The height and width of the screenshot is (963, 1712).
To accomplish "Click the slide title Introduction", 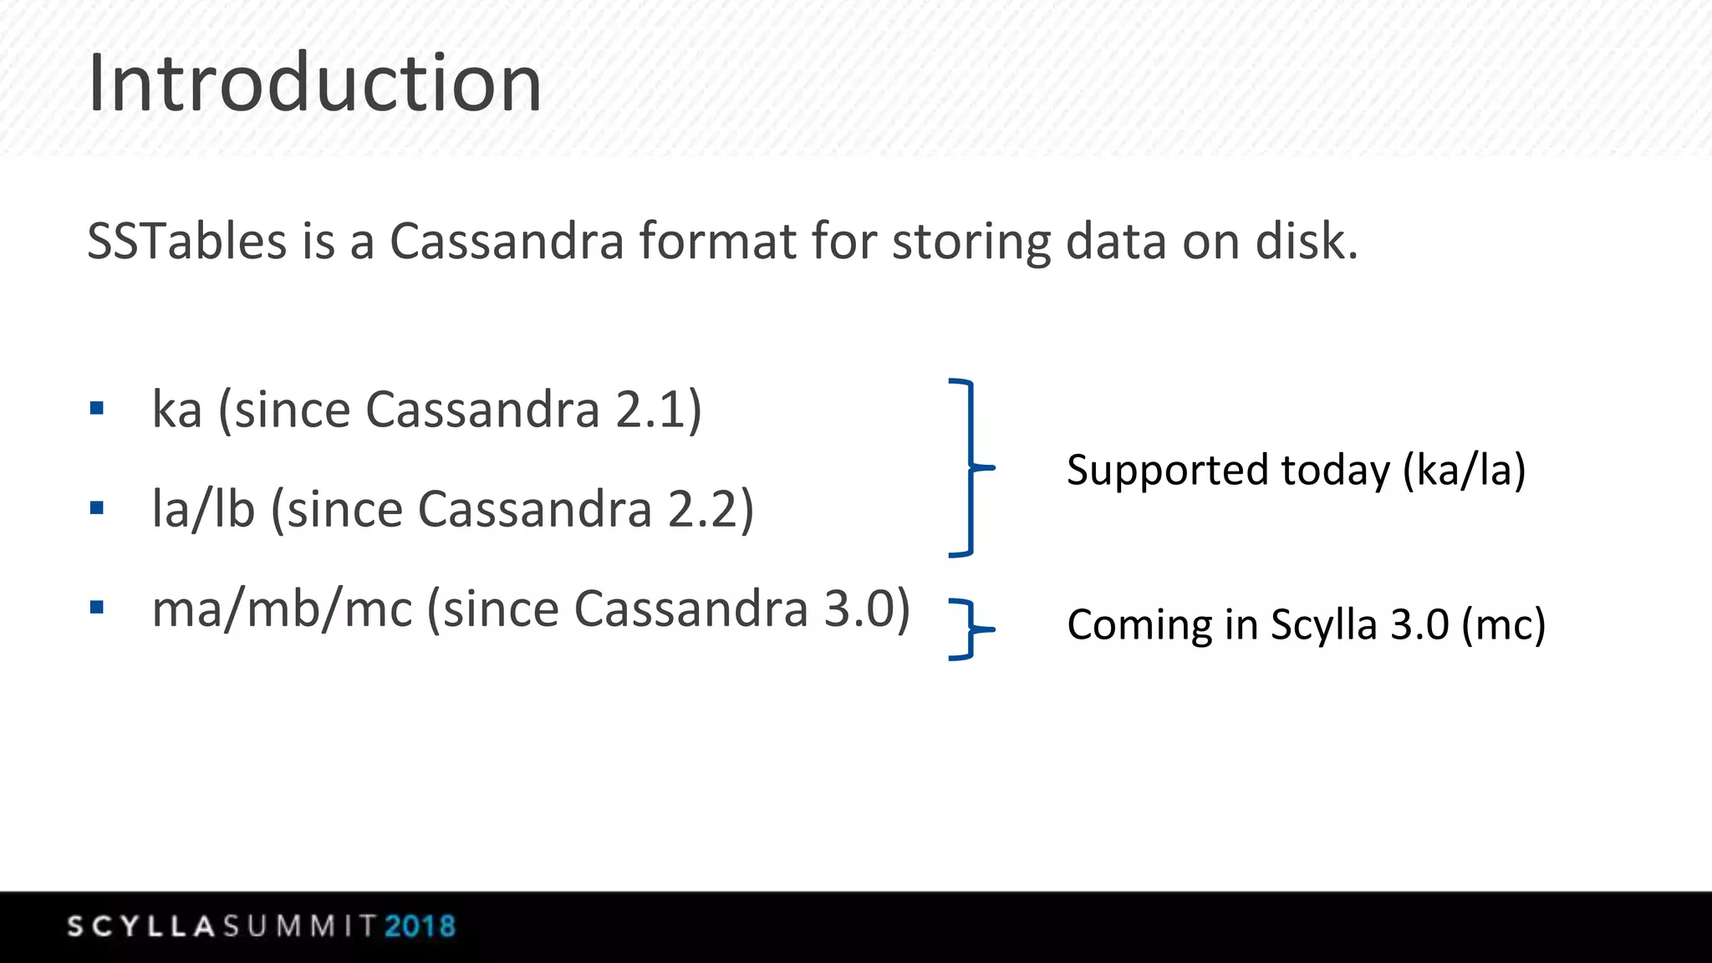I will (x=314, y=84).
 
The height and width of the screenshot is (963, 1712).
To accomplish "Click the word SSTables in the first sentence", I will (x=187, y=242).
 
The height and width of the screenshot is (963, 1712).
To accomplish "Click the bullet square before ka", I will (x=97, y=409).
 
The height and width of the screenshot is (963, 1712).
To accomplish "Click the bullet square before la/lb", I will (x=97, y=507).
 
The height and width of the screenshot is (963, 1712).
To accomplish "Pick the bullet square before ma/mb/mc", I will (x=97, y=607).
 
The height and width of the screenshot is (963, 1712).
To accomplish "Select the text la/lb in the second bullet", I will (x=203, y=509).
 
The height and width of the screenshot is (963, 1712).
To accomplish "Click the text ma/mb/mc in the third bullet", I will (x=282, y=609).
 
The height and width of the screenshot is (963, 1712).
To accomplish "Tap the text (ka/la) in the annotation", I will (x=1464, y=471).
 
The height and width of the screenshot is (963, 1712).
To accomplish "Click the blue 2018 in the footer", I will (x=420, y=926).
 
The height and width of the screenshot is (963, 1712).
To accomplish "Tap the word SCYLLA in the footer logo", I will (x=141, y=926).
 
